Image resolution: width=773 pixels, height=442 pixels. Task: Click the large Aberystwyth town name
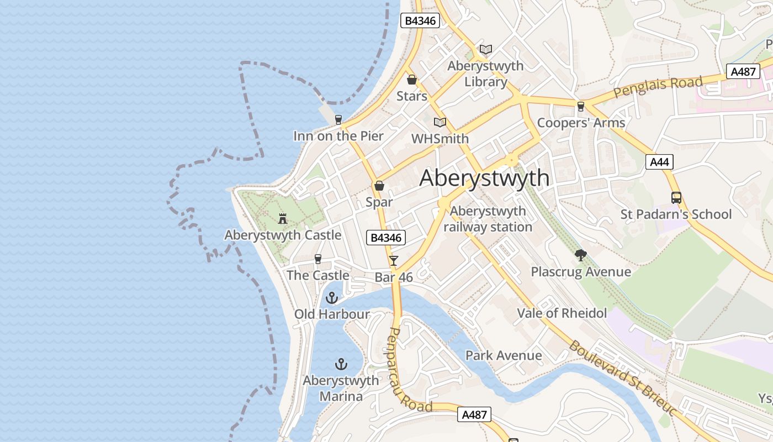tap(484, 178)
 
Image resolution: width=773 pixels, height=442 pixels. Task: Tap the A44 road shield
tap(659, 162)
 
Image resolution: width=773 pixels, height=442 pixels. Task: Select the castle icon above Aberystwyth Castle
tap(283, 218)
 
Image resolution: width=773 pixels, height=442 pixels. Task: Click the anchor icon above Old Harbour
tap(331, 298)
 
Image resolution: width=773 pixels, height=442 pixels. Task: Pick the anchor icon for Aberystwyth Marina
tap(341, 364)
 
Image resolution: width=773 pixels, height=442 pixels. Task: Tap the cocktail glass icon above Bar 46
tap(393, 260)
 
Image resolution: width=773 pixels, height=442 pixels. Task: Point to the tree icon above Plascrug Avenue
tap(580, 255)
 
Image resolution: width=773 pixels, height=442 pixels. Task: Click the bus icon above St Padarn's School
tap(676, 197)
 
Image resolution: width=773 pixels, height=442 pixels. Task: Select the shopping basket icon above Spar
tap(379, 186)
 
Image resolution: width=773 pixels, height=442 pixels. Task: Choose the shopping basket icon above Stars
tap(411, 80)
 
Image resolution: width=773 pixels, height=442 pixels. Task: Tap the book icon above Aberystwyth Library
tap(485, 50)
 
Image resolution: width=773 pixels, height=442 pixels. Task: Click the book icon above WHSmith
tap(440, 122)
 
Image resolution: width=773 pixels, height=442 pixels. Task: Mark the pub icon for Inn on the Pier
tap(338, 119)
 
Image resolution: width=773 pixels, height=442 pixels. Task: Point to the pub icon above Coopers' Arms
tap(580, 106)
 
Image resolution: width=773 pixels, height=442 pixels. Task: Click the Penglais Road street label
tap(658, 87)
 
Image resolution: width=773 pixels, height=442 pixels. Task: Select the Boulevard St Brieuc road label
tap(623, 378)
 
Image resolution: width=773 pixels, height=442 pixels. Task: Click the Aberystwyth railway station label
tap(488, 219)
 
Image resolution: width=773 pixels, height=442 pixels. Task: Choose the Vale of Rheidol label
tap(562, 313)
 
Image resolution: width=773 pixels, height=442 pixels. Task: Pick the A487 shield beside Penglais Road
tap(744, 71)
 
